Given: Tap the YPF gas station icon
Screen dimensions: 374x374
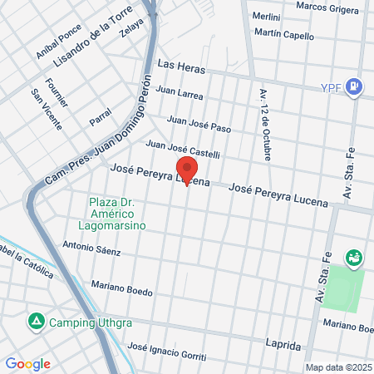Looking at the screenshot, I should pyautogui.click(x=354, y=86).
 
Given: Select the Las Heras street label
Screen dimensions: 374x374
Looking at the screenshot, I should pyautogui.click(x=179, y=64).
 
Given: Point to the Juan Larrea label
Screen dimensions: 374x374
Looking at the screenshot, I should pyautogui.click(x=179, y=95).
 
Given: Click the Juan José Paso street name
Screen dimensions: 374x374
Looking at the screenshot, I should pyautogui.click(x=199, y=123).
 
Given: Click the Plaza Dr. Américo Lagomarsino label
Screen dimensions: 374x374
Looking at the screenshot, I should pyautogui.click(x=117, y=214).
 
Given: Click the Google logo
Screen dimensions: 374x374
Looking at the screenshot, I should pyautogui.click(x=27, y=363).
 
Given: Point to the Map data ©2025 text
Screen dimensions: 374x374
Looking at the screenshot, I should pyautogui.click(x=337, y=367).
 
